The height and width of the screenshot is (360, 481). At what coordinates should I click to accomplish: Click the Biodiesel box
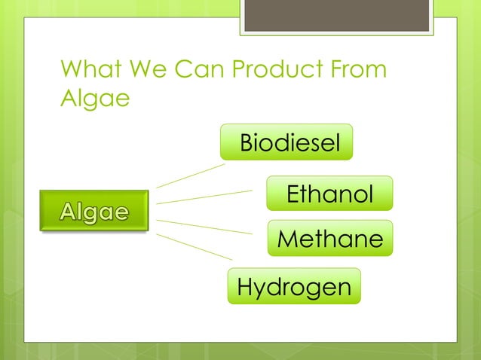coord(286,143)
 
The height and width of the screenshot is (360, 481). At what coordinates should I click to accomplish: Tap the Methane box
coord(330,239)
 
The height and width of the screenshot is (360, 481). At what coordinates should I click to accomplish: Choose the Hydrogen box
coord(294,287)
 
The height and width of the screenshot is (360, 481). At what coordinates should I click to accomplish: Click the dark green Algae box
coord(94,212)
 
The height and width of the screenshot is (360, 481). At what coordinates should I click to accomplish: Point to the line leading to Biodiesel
coord(190,175)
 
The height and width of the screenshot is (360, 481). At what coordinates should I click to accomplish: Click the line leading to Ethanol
coord(204,197)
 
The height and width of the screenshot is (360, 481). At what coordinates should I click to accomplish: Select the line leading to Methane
coord(204,227)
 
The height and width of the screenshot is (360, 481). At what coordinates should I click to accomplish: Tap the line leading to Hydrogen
coord(193,247)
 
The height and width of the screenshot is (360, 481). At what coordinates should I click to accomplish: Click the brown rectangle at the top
coord(336,15)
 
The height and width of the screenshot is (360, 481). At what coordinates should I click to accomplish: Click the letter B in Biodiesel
coord(247,143)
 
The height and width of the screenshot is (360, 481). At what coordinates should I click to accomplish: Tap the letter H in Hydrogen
coord(245,287)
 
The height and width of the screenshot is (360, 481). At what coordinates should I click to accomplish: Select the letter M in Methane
coord(289,239)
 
